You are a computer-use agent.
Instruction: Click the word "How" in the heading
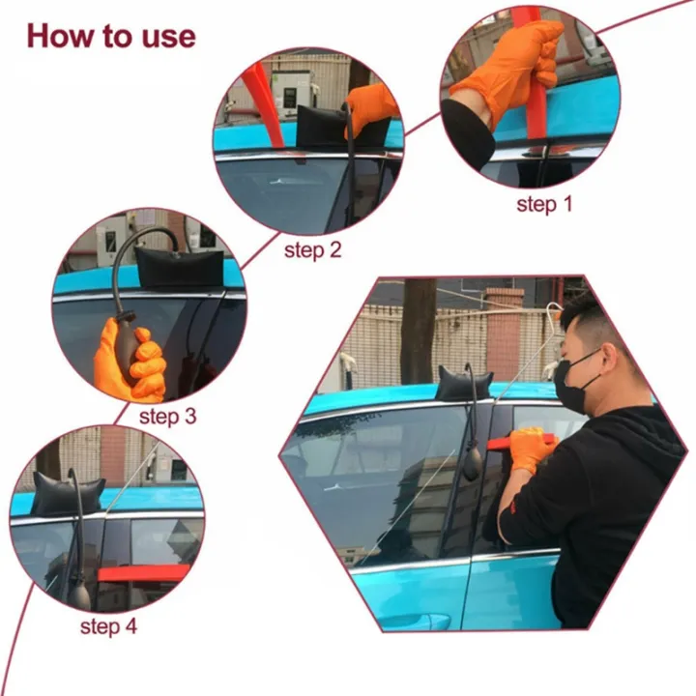tap(61, 36)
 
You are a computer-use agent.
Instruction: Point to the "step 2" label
tap(312, 250)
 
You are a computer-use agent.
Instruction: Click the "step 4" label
tap(108, 625)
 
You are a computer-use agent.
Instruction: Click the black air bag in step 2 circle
tap(325, 127)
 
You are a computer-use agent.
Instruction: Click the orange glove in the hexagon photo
tap(531, 448)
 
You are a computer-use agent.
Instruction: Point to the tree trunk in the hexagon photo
tap(418, 329)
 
